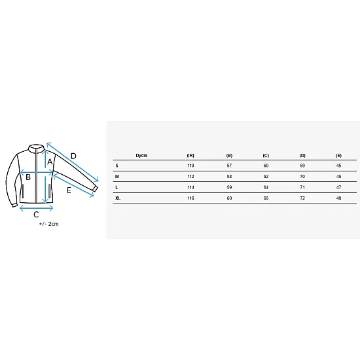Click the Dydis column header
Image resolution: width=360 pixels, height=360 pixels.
point(141,155)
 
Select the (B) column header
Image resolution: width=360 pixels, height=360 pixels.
point(229,155)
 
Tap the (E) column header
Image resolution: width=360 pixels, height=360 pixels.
point(338,155)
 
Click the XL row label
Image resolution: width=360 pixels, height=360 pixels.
point(118,198)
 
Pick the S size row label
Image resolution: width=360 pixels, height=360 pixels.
point(117,166)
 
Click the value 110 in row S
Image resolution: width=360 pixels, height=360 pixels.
point(190,166)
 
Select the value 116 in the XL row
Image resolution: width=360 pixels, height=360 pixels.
point(190,198)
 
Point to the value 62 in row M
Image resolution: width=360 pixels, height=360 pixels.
point(266,177)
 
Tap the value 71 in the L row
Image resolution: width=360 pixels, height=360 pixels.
point(302,187)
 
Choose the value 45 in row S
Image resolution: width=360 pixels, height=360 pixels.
point(338,166)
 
